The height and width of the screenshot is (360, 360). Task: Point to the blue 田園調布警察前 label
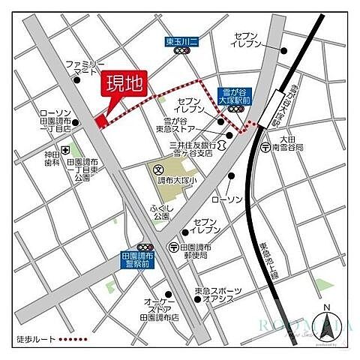[x=139, y=261]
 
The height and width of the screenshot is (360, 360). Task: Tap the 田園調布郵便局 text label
[x=195, y=252]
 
